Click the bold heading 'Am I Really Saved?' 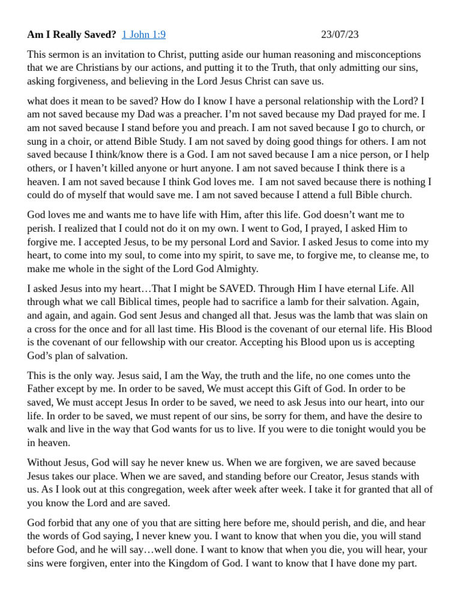pos(71,34)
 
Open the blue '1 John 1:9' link pos(143,34)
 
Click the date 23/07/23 pos(340,34)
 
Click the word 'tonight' pos(354,429)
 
